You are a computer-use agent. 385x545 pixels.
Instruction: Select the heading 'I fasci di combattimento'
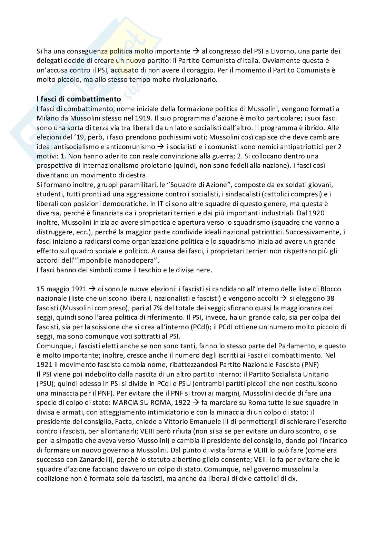[x=79, y=99]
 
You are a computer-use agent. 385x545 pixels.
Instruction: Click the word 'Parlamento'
[x=302, y=346]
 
